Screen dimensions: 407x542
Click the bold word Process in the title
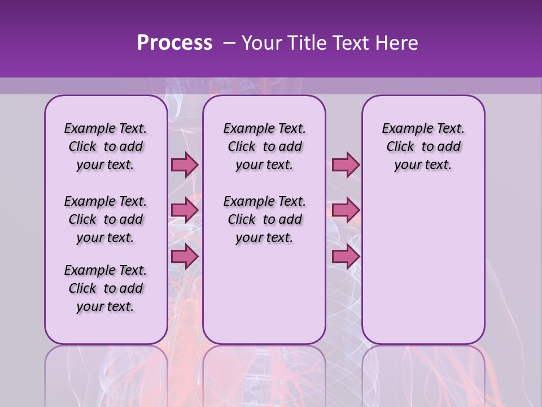(174, 43)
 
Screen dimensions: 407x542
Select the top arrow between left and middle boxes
(185, 165)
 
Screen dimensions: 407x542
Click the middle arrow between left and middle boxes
(185, 211)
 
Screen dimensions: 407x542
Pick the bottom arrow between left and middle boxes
(185, 257)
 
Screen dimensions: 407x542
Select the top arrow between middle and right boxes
(346, 165)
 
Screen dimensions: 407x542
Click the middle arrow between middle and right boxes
(346, 211)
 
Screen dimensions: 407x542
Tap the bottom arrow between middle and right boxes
(346, 257)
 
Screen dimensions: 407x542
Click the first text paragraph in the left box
(106, 146)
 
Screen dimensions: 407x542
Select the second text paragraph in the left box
(106, 219)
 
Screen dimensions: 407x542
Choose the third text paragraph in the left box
(106, 288)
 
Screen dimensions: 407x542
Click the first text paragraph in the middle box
(264, 146)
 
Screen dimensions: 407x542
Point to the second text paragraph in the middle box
(264, 219)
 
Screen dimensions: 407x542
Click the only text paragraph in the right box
(423, 146)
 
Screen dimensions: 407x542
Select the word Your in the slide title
(262, 43)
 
